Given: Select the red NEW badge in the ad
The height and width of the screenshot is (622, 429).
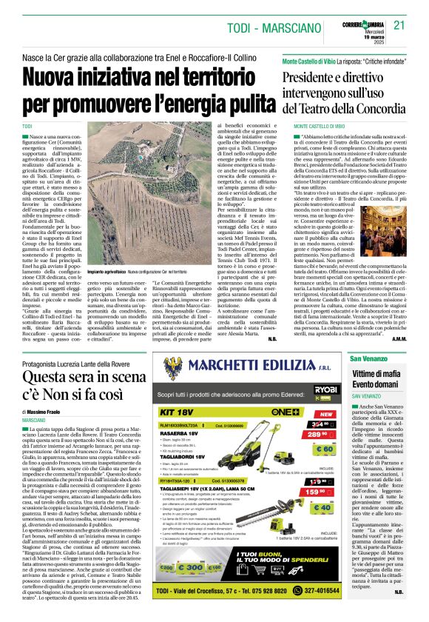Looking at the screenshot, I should tap(325, 415).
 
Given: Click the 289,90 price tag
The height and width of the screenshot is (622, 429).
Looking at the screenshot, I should tap(320, 434).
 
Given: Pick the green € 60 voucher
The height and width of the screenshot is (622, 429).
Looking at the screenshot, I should tap(325, 449).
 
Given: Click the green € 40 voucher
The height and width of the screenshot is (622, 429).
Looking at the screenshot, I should tap(325, 508).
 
